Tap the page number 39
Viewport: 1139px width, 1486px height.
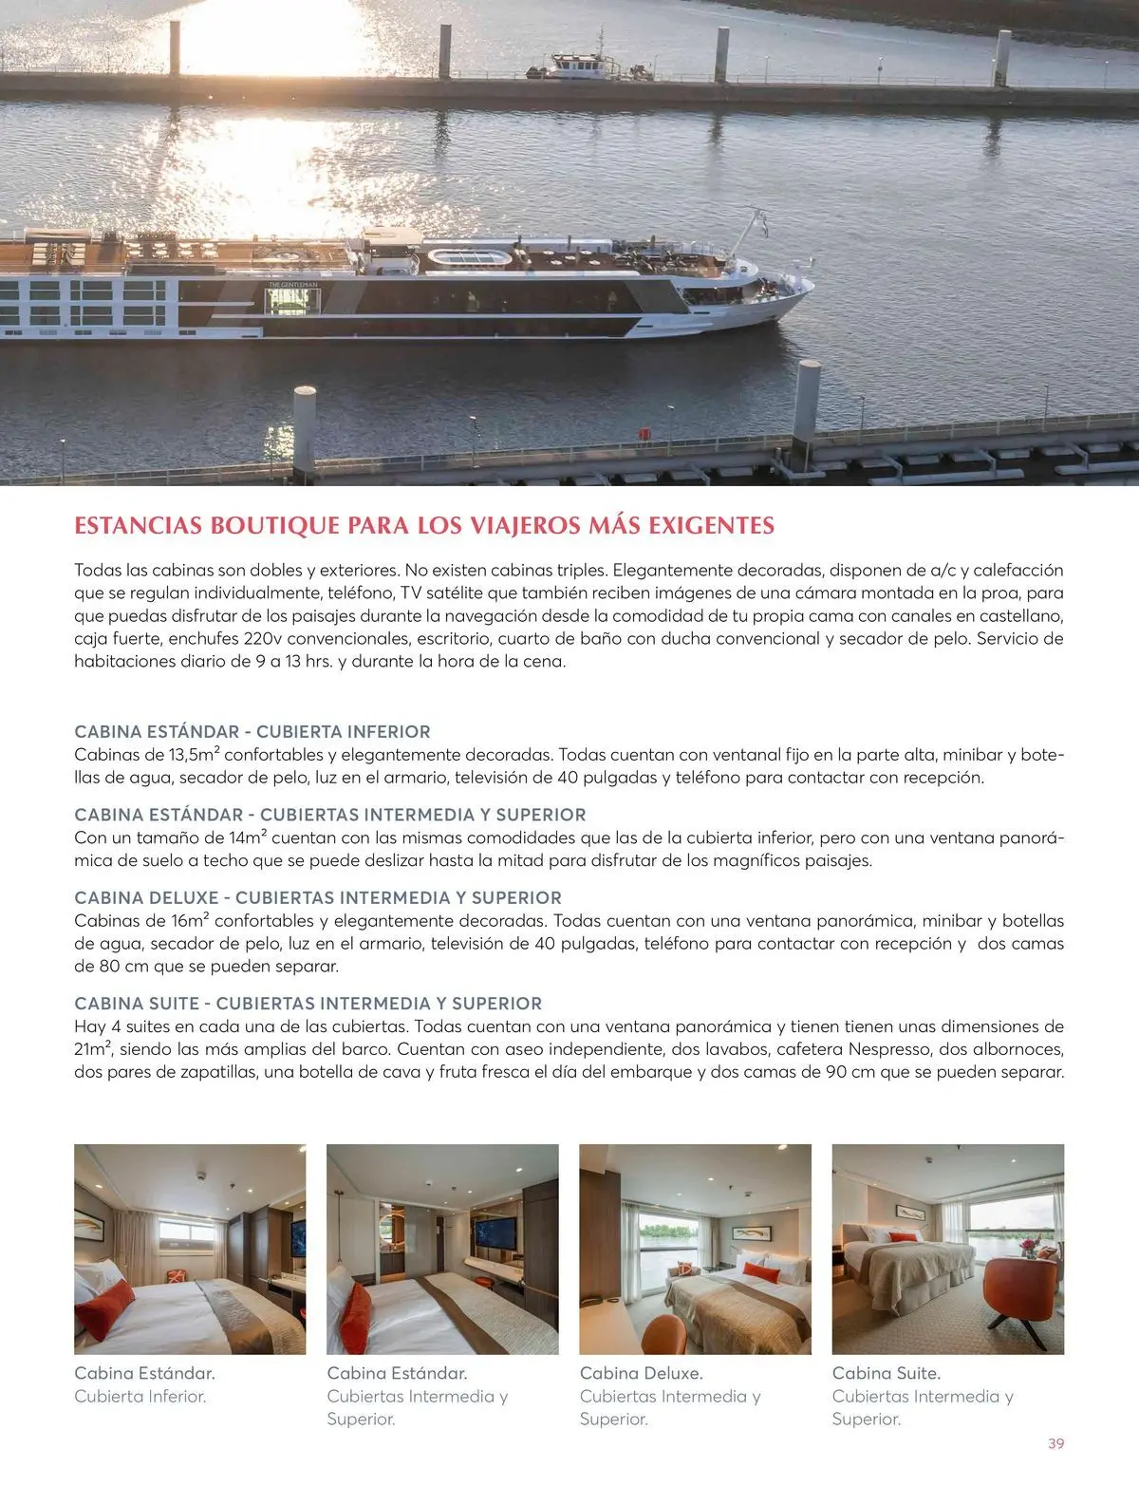point(1055,1443)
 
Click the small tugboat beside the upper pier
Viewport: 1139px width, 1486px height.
point(588,64)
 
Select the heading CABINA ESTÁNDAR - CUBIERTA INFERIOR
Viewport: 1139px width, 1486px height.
point(252,732)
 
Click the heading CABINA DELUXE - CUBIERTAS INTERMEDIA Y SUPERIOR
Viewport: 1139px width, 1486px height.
point(317,897)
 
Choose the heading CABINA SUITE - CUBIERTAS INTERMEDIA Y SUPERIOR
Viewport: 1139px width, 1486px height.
point(308,1004)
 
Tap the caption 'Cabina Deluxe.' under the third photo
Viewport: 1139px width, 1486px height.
point(641,1373)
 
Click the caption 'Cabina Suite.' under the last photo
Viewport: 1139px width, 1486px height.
point(886,1373)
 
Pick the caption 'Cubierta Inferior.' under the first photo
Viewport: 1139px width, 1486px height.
point(140,1396)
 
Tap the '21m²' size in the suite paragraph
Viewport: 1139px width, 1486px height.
point(93,1049)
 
